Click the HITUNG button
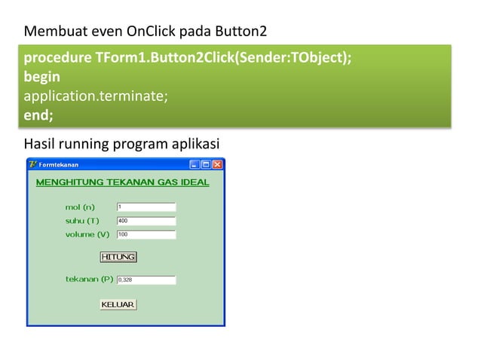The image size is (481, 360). [x=118, y=257]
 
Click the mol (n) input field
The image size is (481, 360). [x=146, y=207]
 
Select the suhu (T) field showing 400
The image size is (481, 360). [x=146, y=221]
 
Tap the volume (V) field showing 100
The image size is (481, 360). [x=146, y=234]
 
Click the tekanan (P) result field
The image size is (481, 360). [x=146, y=280]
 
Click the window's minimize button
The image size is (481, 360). [x=195, y=164]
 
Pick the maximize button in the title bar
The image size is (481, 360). [x=206, y=164]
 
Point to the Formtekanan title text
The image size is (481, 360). [x=59, y=164]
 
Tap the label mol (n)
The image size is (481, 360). [x=80, y=207]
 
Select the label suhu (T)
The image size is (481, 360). [x=82, y=221]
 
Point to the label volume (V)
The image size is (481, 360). [x=87, y=234]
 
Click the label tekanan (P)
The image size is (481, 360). [x=89, y=279]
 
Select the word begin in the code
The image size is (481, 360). [x=42, y=77]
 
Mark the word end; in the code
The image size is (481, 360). [x=38, y=115]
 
